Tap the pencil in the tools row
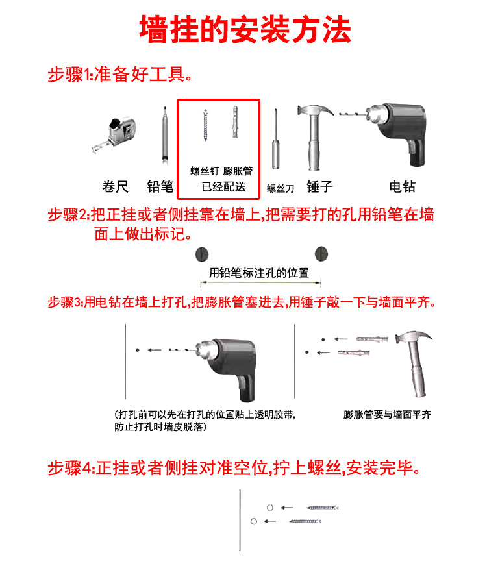(164, 136)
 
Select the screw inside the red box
(205, 125)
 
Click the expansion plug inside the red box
(235, 122)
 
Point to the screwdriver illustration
(275, 140)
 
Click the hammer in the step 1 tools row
(314, 136)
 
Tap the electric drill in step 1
(392, 133)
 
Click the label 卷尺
(116, 187)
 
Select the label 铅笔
(160, 187)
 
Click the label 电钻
(403, 187)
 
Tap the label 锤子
(319, 187)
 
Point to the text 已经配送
(223, 187)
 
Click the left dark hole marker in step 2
(202, 254)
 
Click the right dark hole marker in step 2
(321, 254)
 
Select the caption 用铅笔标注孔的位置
(258, 273)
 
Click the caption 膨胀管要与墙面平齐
(387, 415)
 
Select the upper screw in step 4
(322, 508)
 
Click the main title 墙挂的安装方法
(245, 30)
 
